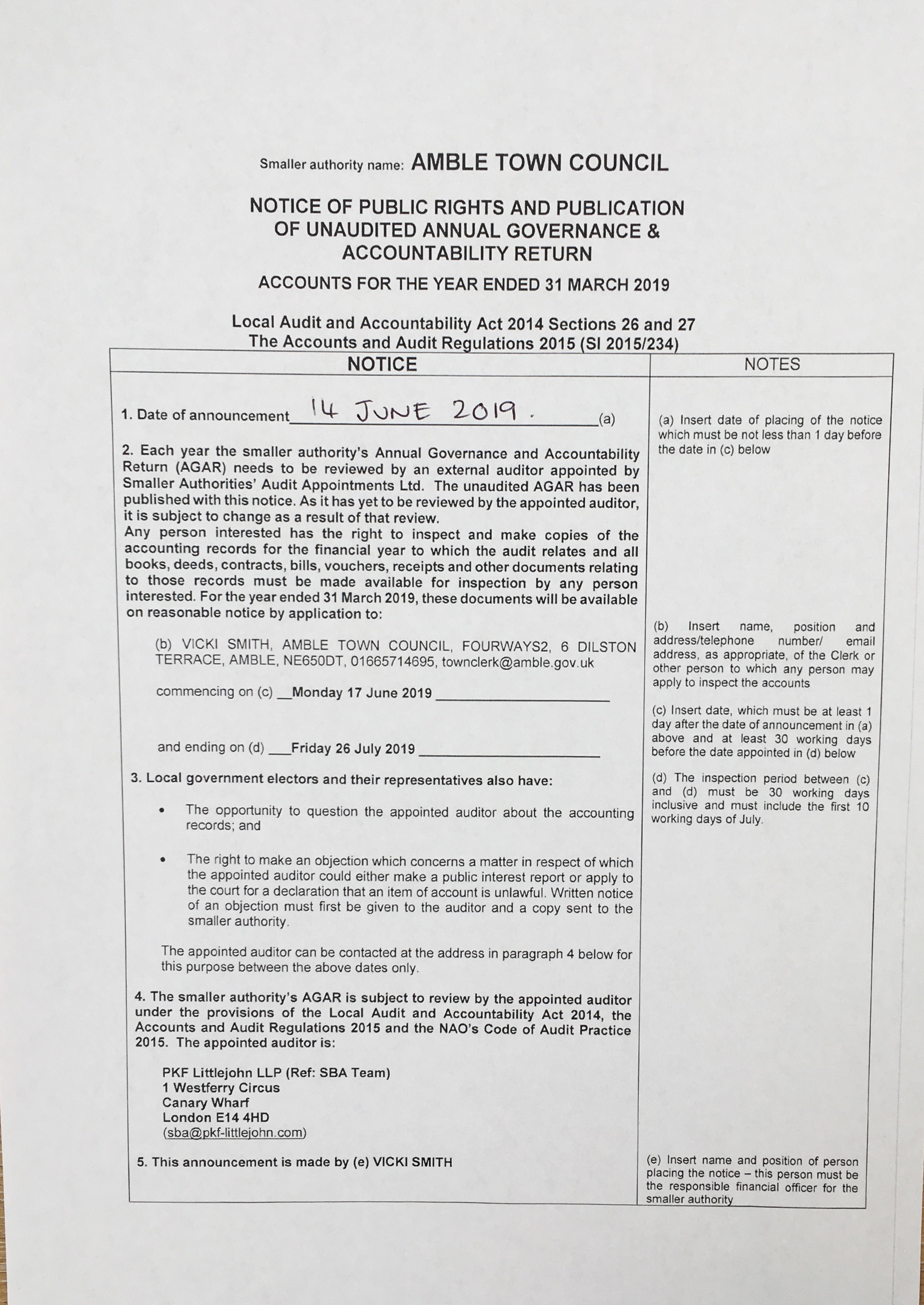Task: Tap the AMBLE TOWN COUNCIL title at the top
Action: tap(539, 163)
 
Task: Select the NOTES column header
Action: tap(772, 364)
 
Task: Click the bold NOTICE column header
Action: tap(382, 364)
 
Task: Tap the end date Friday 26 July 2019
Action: tap(353, 749)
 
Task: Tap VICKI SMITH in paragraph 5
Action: tap(413, 1162)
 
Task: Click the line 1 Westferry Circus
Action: tap(221, 1088)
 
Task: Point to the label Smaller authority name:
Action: tap(332, 165)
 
